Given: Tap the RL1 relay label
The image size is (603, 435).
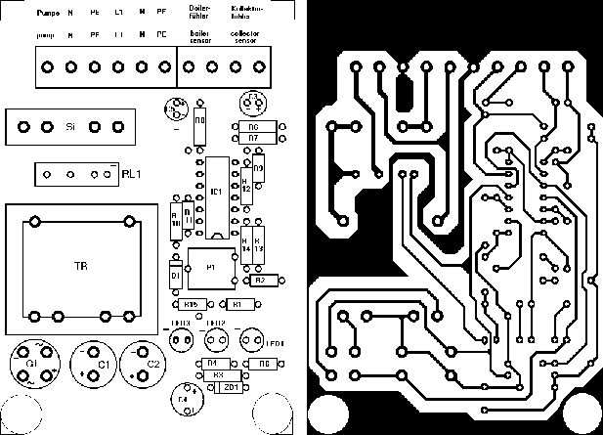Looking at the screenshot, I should [133, 174].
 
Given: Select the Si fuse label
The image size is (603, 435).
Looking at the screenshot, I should [70, 127].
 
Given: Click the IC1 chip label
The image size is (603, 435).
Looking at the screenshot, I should [215, 194].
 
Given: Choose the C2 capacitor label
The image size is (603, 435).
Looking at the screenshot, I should [153, 365].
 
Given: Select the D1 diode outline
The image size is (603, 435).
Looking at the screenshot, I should [176, 276].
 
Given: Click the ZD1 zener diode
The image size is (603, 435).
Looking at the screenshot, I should [232, 387].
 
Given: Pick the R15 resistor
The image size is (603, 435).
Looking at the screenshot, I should [193, 304].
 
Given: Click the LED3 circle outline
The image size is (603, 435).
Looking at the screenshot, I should [180, 339].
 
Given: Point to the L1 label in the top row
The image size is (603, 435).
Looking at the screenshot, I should [118, 13].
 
